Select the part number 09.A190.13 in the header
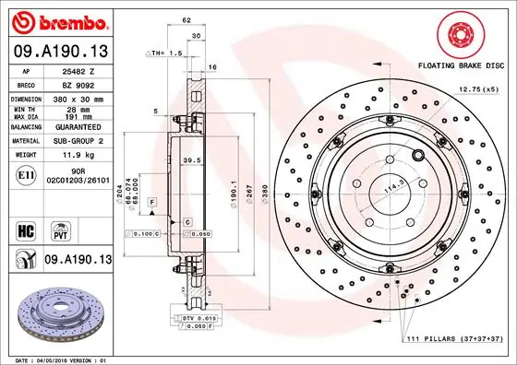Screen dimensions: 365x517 [x=60, y=51]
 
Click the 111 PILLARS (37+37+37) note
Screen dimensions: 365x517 [x=454, y=341]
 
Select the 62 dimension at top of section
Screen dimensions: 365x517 [x=186, y=18]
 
